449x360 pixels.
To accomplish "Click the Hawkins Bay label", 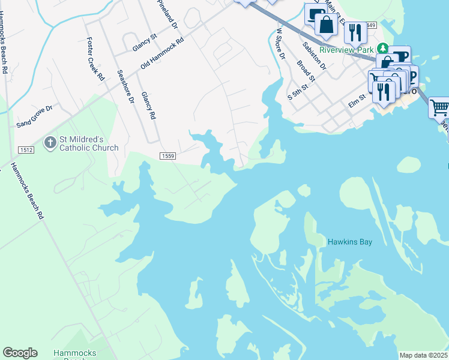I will pyautogui.click(x=349, y=242).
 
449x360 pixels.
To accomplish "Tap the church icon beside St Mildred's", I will pyautogui.click(x=50, y=142).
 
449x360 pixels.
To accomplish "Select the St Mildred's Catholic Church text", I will pyautogui.click(x=88, y=143).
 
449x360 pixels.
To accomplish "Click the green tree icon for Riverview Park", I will pyautogui.click(x=382, y=49).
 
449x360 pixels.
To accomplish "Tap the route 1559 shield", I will pyautogui.click(x=167, y=156).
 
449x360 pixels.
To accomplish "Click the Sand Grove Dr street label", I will pyautogui.click(x=34, y=116).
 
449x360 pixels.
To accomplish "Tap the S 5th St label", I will pyautogui.click(x=298, y=92).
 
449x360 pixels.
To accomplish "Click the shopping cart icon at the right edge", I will pyautogui.click(x=439, y=108).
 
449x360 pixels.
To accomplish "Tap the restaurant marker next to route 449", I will pyautogui.click(x=355, y=32).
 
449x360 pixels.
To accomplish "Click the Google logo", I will pyautogui.click(x=20, y=353).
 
